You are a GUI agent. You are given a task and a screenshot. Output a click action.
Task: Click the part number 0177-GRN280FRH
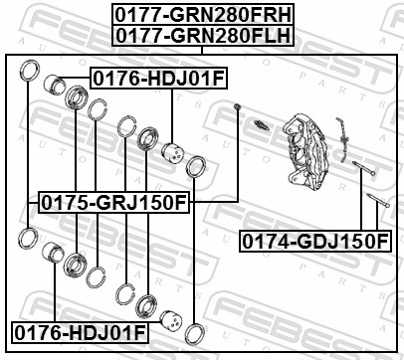(x=202, y=15)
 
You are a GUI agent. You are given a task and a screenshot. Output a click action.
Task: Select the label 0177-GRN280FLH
(x=202, y=36)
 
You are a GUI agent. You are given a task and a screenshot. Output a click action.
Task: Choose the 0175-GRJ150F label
(x=113, y=203)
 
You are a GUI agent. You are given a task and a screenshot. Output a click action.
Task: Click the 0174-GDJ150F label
(x=314, y=240)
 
